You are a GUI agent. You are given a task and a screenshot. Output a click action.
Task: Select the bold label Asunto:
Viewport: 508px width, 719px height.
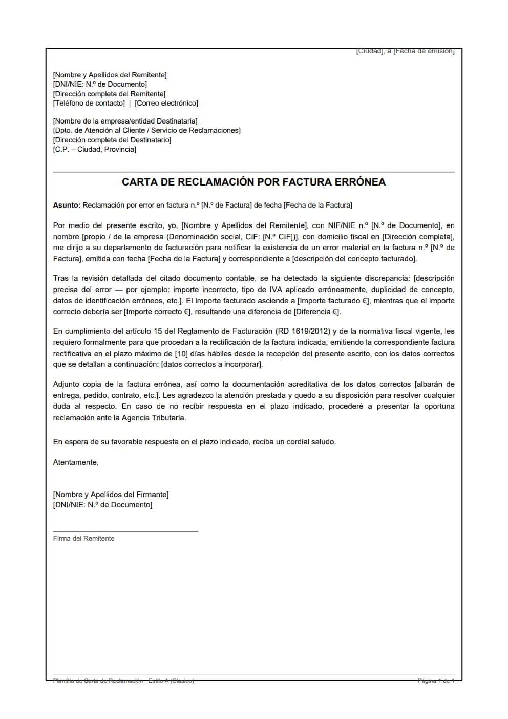pos(67,205)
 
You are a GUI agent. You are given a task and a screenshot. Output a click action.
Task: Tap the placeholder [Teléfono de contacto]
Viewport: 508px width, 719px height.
pos(89,103)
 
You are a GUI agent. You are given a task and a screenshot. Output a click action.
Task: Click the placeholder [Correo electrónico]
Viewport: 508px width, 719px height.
pos(166,103)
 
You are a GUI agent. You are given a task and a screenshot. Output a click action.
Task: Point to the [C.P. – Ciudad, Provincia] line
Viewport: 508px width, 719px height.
pos(95,149)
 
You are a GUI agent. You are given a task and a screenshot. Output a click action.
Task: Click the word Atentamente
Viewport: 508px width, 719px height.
pos(75,462)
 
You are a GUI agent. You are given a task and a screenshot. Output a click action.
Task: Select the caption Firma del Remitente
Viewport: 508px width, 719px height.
pos(84,538)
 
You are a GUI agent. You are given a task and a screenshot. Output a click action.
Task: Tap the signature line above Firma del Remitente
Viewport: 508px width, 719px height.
pos(125,532)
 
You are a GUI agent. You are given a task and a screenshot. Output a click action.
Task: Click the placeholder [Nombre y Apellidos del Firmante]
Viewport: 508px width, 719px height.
pos(111,495)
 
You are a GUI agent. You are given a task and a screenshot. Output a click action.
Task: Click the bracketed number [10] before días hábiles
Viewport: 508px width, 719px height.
pos(181,354)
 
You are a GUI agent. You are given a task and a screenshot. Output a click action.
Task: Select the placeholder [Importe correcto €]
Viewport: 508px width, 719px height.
pos(158,312)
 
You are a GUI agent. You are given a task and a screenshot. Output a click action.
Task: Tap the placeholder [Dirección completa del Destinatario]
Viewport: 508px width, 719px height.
pos(112,140)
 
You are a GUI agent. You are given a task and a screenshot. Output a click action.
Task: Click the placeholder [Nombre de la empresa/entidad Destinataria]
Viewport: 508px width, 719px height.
pos(125,121)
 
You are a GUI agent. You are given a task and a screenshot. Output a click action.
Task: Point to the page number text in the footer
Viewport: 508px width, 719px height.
pos(436,681)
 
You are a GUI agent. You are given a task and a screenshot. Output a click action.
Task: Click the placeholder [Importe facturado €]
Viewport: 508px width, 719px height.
pos(334,301)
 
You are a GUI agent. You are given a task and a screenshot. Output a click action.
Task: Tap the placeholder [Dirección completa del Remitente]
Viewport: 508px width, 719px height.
pos(109,94)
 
